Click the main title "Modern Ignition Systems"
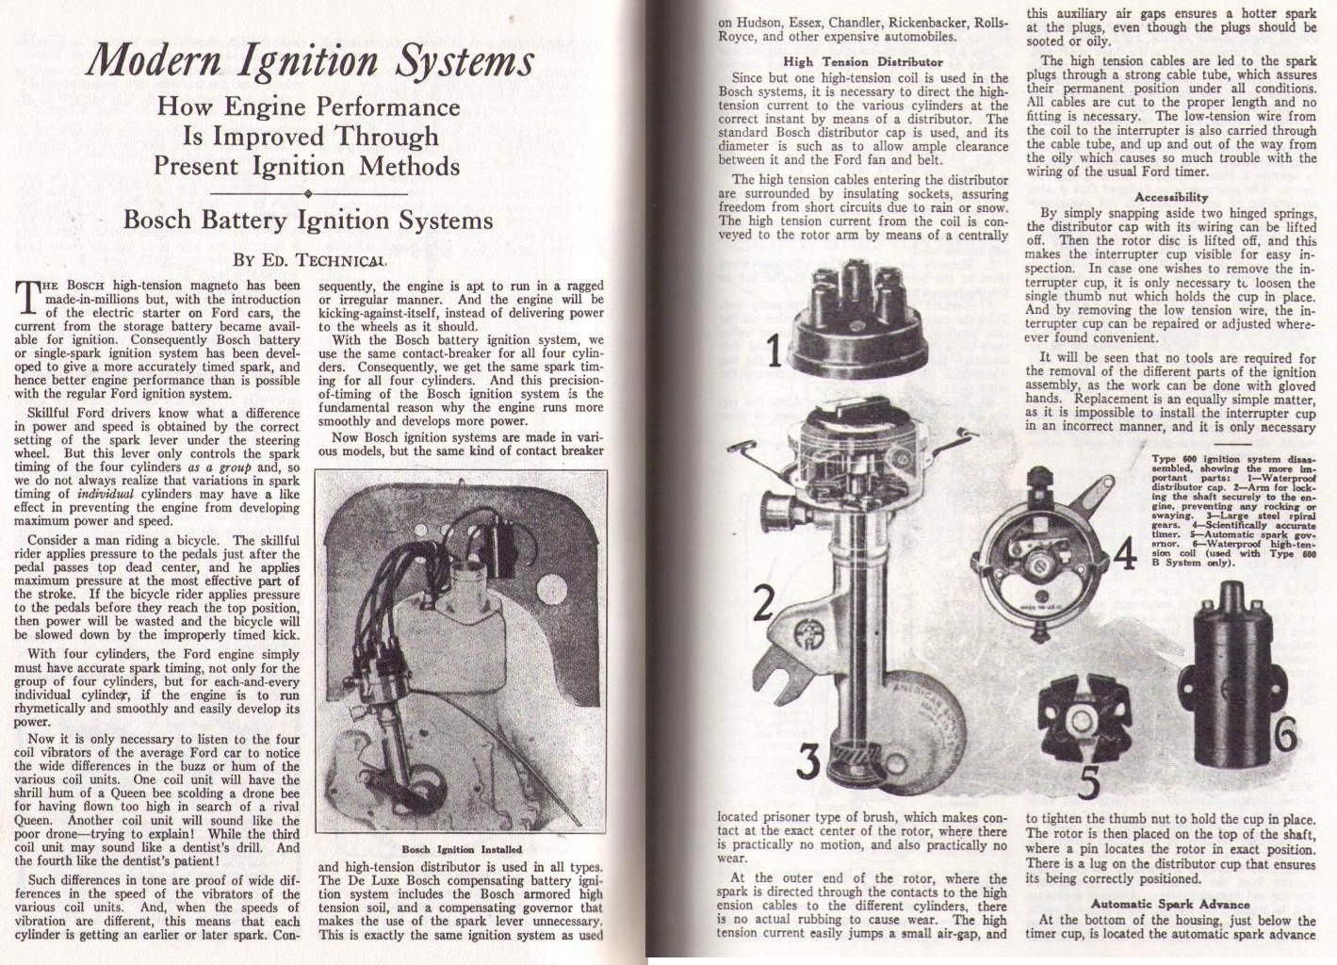pyautogui.click(x=310, y=62)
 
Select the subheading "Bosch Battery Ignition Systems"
pyautogui.click(x=308, y=221)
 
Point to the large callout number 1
pyautogui.click(x=774, y=352)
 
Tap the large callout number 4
pyautogui.click(x=1124, y=556)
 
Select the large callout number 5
pyautogui.click(x=1089, y=781)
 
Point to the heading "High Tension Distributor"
pyautogui.click(x=863, y=62)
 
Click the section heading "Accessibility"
pyautogui.click(x=1171, y=198)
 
